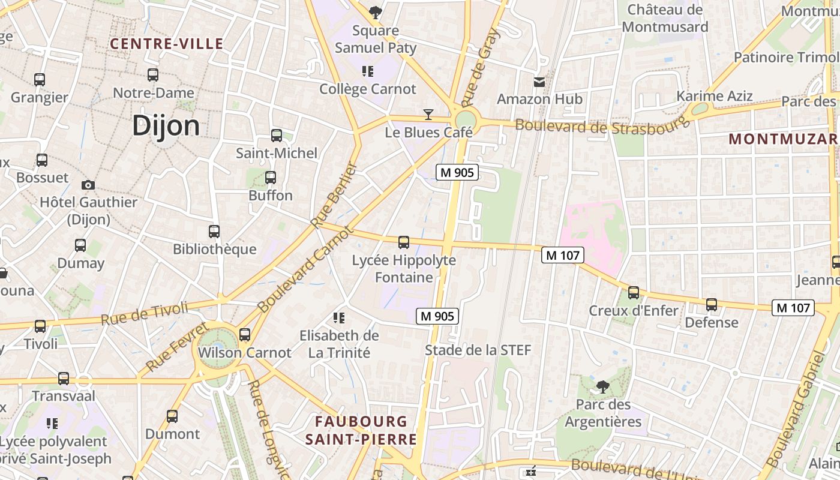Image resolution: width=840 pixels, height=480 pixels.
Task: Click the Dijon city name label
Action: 166,126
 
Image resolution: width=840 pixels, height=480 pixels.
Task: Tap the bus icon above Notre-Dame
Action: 153,75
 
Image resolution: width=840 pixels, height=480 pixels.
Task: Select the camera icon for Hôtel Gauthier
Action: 88,185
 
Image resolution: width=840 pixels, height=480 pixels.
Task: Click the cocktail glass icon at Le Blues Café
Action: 428,114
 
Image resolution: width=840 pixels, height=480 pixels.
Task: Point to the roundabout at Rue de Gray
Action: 465,119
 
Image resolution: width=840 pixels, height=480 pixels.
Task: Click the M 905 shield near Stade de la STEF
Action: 437,316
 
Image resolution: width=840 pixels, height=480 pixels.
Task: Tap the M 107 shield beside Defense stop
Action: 793,308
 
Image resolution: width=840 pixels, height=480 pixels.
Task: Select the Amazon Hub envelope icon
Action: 540,82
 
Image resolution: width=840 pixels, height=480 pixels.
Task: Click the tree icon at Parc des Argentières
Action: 602,387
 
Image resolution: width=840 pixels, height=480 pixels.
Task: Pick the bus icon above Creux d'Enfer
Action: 634,293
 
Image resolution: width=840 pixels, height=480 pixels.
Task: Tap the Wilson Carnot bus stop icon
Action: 245,335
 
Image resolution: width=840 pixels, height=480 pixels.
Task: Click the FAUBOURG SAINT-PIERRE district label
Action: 361,430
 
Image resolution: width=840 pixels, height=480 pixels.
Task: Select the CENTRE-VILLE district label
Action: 167,44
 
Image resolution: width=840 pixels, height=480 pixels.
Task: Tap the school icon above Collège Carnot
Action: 368,72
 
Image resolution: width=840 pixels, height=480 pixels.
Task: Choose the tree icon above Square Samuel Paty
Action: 376,12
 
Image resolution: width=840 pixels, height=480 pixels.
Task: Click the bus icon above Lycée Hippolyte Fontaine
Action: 404,242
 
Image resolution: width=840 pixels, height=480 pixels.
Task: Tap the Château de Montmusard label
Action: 665,18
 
